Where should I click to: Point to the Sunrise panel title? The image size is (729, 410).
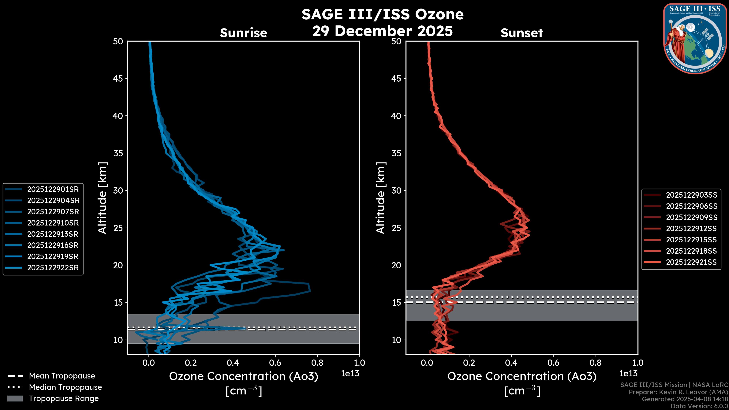click(x=243, y=33)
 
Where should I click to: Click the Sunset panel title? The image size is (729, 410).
click(x=522, y=33)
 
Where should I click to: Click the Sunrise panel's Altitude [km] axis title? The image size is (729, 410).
click(x=103, y=198)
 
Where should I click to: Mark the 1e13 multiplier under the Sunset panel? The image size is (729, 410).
click(x=628, y=374)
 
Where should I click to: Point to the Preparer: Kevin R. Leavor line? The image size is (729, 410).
click(x=678, y=392)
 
